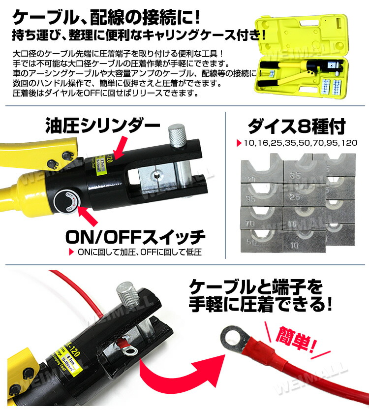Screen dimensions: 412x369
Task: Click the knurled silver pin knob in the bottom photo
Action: coord(128,294)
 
